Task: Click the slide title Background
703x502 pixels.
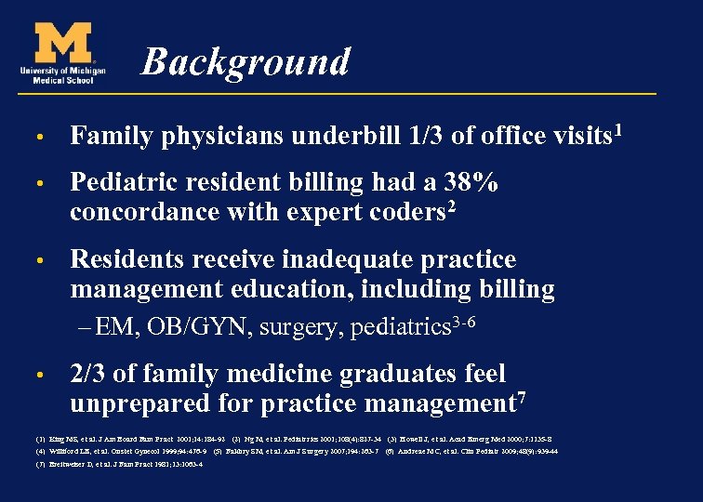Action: click(245, 62)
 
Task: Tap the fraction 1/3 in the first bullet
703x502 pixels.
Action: click(425, 137)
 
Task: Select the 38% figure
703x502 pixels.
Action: click(469, 183)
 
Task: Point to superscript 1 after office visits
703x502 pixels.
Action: click(617, 130)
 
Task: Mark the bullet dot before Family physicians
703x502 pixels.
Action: click(42, 138)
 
